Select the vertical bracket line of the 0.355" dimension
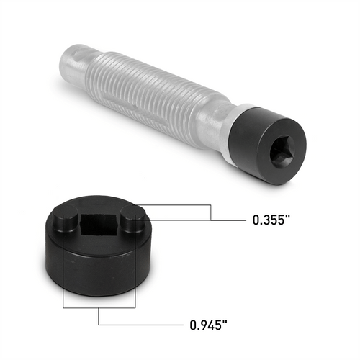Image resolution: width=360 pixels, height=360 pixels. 210,212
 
